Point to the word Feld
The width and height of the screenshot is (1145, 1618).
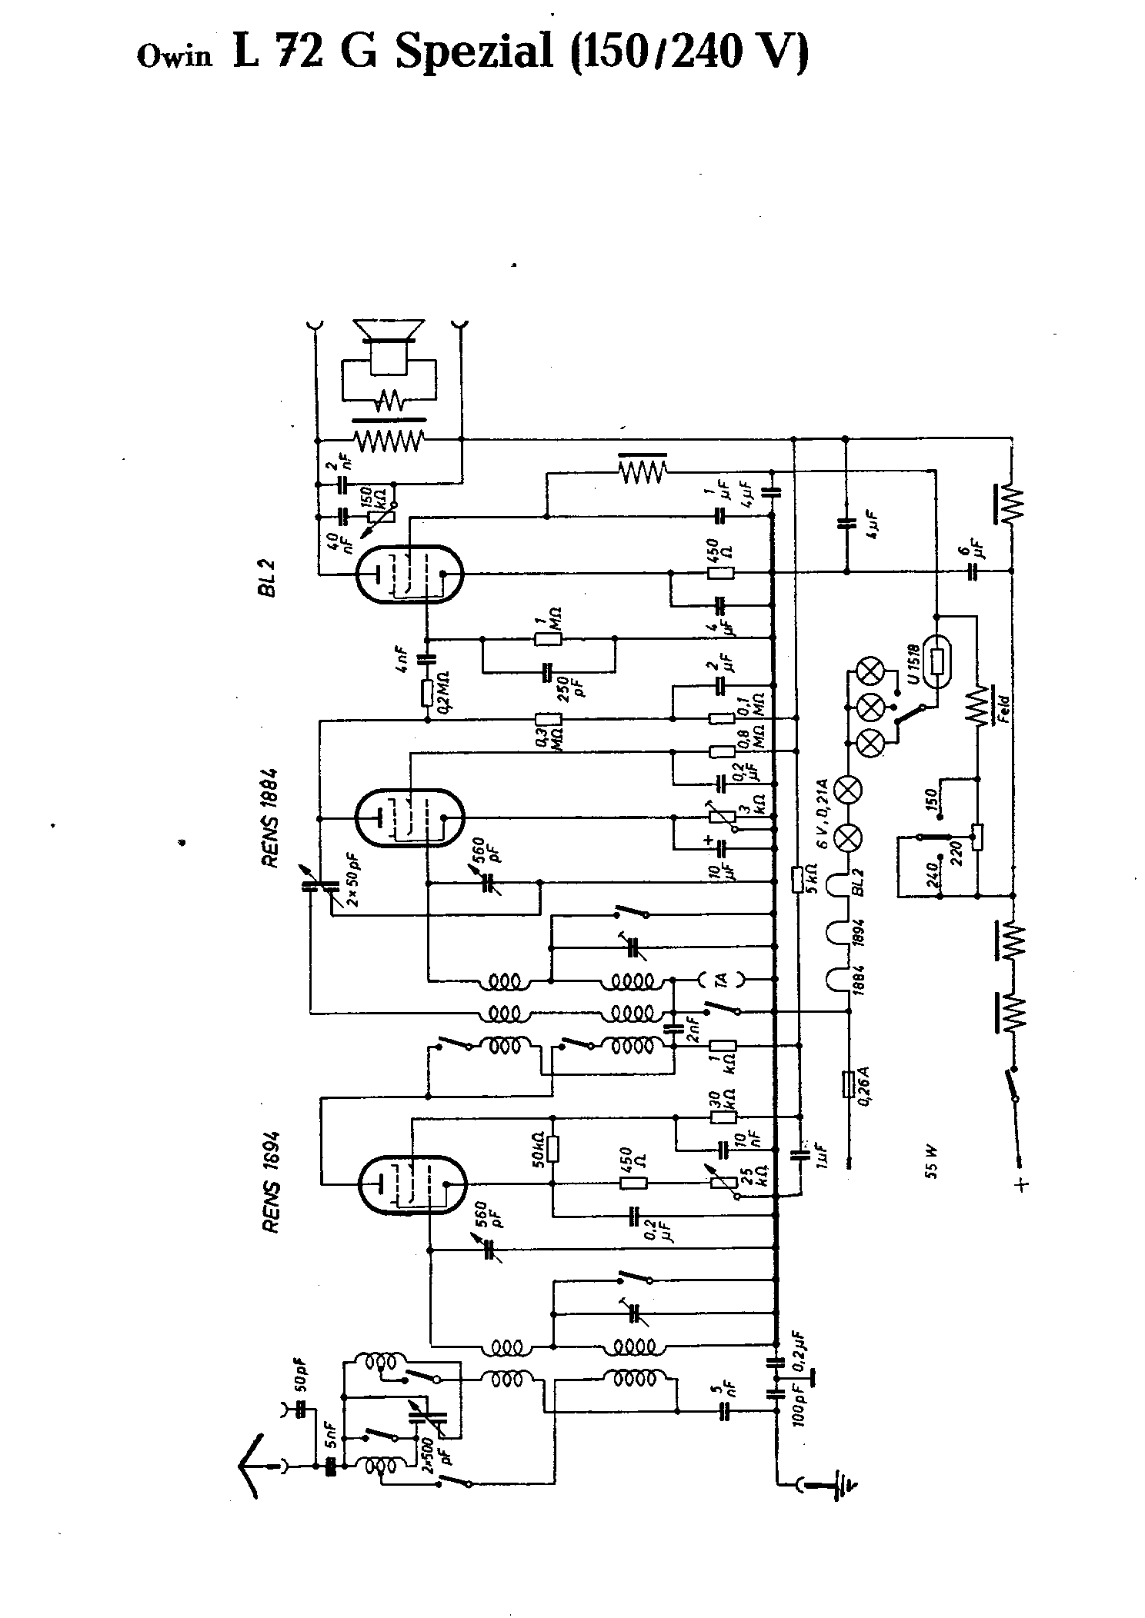[1003, 706]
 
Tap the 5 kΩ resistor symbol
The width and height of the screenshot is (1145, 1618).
[799, 877]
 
